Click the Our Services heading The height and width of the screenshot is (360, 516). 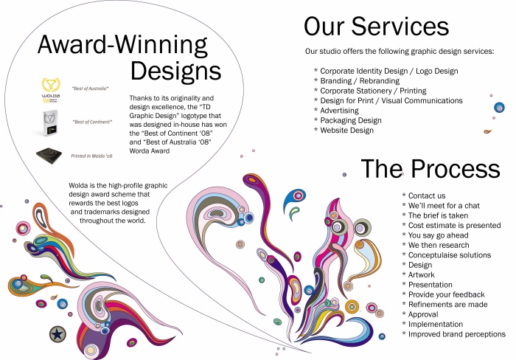[376, 27]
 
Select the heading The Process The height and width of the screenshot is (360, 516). [432, 169]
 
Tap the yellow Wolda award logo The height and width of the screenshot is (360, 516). [52, 89]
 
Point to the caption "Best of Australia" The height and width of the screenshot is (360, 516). [90, 88]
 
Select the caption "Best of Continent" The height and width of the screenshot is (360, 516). [92, 121]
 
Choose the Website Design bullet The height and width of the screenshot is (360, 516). [346, 131]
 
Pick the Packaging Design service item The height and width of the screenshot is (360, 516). [350, 120]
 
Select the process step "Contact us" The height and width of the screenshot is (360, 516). [426, 195]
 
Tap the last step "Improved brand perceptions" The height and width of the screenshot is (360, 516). [456, 334]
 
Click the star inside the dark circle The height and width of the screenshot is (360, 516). [56, 335]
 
